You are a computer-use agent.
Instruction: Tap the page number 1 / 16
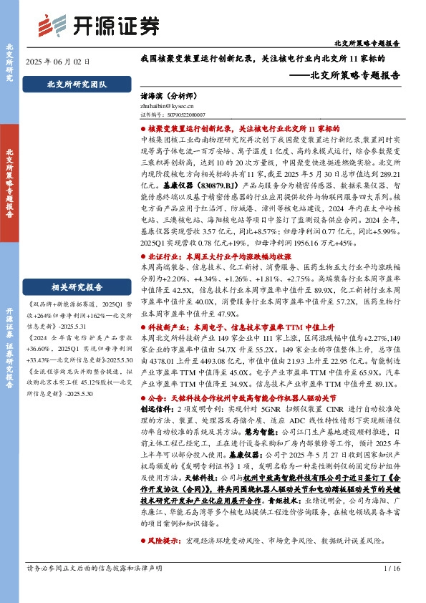click(x=391, y=589)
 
